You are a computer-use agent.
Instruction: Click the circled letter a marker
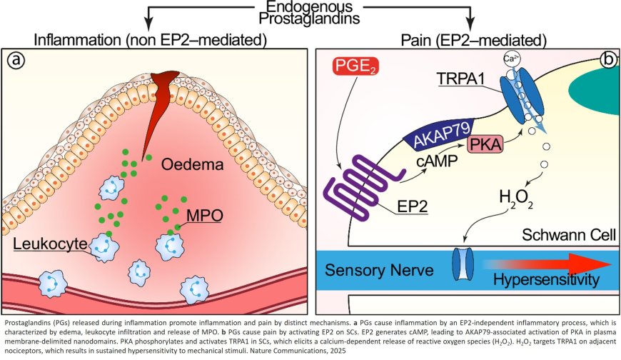[x=16, y=60]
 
